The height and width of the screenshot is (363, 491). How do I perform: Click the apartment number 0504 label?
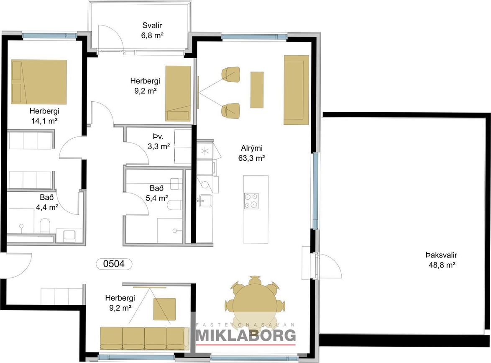[114, 264]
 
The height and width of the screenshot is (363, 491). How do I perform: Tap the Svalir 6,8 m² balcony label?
[152, 31]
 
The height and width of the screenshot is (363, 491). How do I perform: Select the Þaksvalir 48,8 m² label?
[442, 260]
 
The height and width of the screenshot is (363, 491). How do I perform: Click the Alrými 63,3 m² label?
[251, 153]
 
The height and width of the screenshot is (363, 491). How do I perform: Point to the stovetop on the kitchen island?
[251, 201]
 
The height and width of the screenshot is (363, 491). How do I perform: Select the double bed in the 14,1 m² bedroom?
[39, 82]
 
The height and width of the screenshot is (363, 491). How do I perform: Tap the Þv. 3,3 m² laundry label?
[159, 142]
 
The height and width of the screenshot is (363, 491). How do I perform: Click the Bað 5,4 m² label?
[156, 193]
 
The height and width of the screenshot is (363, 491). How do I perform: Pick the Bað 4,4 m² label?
[47, 202]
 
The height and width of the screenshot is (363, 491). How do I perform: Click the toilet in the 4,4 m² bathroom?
[45, 226]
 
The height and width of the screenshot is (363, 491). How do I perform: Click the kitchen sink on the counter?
[205, 200]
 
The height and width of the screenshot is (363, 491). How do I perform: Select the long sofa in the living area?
[297, 90]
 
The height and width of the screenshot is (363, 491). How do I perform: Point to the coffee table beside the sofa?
[257, 90]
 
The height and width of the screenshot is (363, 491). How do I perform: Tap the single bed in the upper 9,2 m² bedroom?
[178, 93]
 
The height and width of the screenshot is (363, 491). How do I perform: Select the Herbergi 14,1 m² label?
[44, 116]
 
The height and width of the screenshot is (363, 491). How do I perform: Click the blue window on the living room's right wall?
[315, 190]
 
